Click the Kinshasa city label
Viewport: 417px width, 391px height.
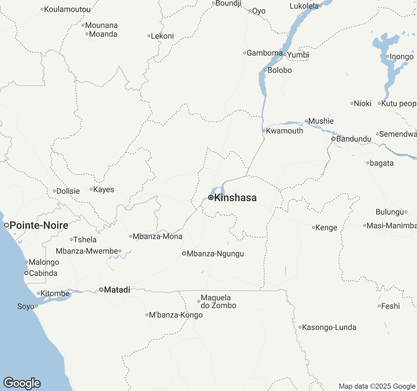click(235, 198)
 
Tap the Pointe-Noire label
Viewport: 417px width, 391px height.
click(39, 225)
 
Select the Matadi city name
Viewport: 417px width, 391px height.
click(117, 290)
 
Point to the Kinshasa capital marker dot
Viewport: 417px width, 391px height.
click(211, 197)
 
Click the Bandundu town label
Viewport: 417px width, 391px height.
click(353, 139)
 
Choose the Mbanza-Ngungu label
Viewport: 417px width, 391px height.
click(215, 254)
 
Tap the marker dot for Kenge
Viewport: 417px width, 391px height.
click(313, 227)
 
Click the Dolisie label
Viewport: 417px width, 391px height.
click(68, 191)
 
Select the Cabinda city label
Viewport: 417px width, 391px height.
click(43, 273)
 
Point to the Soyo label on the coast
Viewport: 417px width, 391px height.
click(26, 307)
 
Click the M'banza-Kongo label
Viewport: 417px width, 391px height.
click(176, 315)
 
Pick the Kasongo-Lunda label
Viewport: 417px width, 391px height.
click(329, 327)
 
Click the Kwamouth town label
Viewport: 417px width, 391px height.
click(284, 131)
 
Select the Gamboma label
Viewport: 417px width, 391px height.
click(265, 53)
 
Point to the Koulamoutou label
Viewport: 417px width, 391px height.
click(67, 9)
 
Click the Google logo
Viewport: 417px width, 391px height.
click(22, 384)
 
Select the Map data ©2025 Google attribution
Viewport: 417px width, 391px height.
click(377, 386)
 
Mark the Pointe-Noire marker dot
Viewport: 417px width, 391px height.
click(6, 225)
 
